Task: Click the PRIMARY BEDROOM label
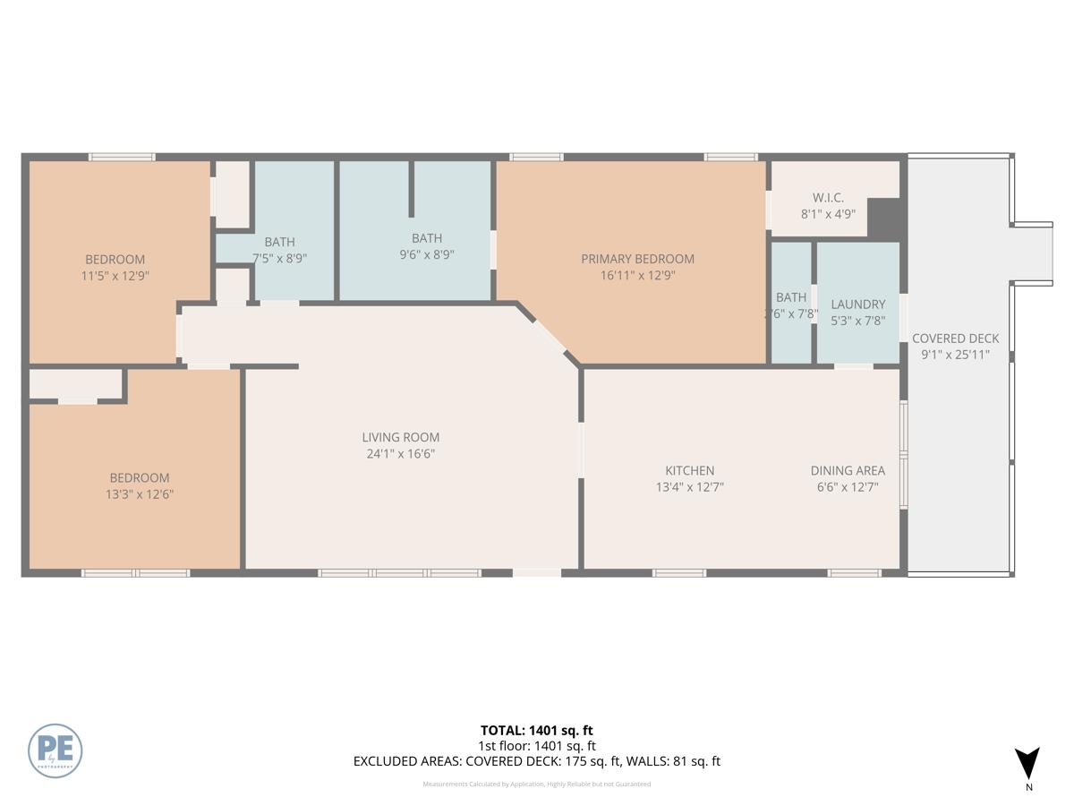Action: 637,259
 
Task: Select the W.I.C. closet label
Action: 828,197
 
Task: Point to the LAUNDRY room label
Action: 857,304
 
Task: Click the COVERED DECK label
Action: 955,339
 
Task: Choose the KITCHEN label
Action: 689,470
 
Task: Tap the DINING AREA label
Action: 848,470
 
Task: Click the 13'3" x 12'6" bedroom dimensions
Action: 139,493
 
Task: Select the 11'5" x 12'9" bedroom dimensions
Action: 115,276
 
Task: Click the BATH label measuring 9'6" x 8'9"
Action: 426,238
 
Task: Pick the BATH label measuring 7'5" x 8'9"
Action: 279,242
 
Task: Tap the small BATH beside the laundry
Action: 791,297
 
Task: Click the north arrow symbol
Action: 1028,763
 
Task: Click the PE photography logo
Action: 55,750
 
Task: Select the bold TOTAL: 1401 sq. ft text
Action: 536,731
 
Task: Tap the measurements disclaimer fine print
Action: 536,785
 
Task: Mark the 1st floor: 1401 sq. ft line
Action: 536,746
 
